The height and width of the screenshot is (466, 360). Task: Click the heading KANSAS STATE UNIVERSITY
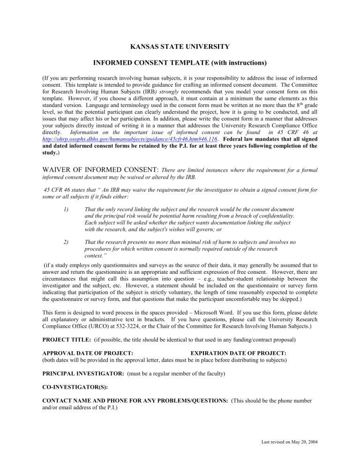pyautogui.click(x=180, y=46)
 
